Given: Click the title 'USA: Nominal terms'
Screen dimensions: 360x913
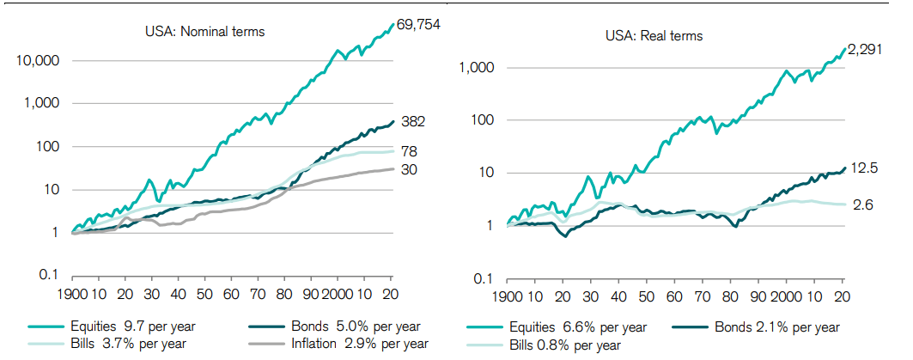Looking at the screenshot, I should click(x=204, y=33).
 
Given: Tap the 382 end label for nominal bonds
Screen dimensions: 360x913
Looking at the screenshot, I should click(x=414, y=121).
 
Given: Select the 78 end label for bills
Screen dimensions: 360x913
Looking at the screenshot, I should click(x=411, y=151).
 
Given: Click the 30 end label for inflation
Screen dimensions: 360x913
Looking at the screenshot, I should click(x=411, y=169).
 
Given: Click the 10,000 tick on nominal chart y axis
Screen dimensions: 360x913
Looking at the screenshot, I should click(x=38, y=62).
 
